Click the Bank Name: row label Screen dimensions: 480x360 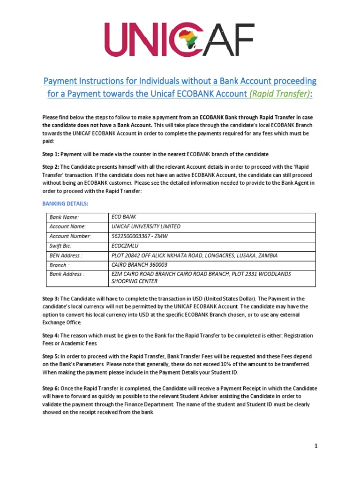(x=64, y=217)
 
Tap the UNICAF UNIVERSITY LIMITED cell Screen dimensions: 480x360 (x=145, y=226)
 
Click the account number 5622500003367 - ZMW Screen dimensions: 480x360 (x=143, y=236)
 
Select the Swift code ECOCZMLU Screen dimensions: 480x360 (x=126, y=246)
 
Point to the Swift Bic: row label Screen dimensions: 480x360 (x=60, y=246)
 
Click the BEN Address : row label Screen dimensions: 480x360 (x=66, y=255)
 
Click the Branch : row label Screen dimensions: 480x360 (x=59, y=265)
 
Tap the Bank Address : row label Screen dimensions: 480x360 (x=67, y=274)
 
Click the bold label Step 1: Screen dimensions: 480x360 (x=51, y=154)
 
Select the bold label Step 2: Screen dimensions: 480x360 (x=51, y=167)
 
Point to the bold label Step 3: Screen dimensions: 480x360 (x=51, y=299)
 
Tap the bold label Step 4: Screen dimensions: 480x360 (x=51, y=336)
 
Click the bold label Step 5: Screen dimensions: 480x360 (x=51, y=357)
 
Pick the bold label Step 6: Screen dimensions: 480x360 (x=51, y=389)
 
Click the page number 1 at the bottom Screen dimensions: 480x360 (x=316, y=446)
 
